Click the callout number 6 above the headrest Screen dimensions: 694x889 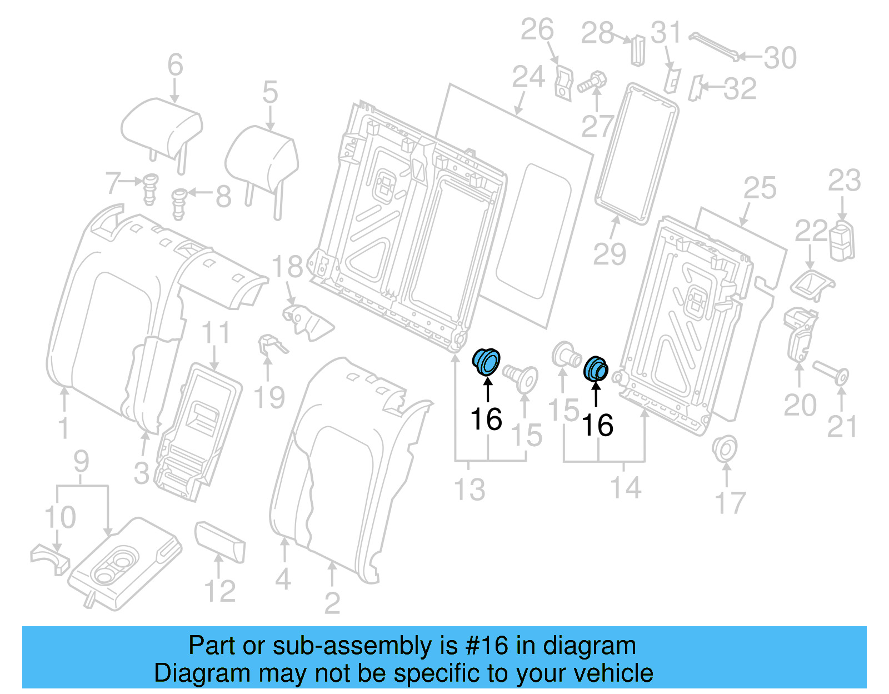click(x=176, y=65)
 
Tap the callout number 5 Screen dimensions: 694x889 click(x=270, y=92)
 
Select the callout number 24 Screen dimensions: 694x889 click(x=528, y=77)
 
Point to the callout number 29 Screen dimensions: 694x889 click(x=610, y=254)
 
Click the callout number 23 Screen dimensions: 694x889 click(x=844, y=181)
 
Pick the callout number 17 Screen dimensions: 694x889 click(x=730, y=503)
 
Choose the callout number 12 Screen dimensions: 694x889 click(x=220, y=591)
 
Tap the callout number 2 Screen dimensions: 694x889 click(x=332, y=603)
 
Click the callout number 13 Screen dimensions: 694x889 click(x=470, y=490)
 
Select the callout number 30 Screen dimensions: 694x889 click(x=780, y=58)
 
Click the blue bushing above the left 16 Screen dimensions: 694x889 click(x=487, y=361)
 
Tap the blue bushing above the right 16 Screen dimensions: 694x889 click(x=596, y=368)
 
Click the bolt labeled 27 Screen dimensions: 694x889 click(x=592, y=83)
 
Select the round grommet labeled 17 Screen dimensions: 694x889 click(x=724, y=448)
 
